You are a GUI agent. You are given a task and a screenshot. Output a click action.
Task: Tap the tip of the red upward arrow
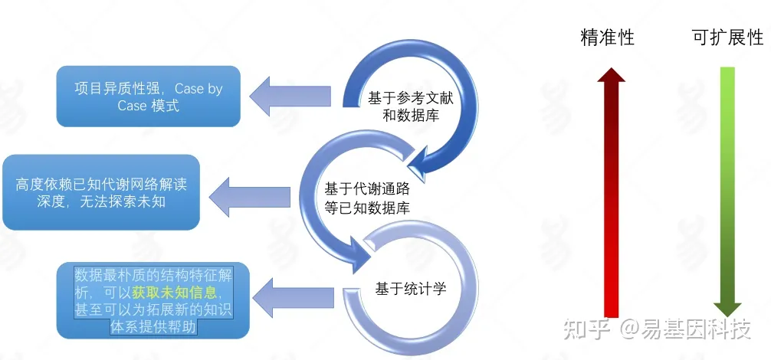pos(611,69)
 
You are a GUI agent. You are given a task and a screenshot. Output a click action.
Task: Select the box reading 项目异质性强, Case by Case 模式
pos(148,97)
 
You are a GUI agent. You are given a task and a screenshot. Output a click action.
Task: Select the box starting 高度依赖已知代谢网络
pos(101,193)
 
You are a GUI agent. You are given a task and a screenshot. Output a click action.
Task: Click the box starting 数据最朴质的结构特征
pos(153,301)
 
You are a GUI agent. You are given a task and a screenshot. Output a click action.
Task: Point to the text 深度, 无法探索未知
pos(101,202)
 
